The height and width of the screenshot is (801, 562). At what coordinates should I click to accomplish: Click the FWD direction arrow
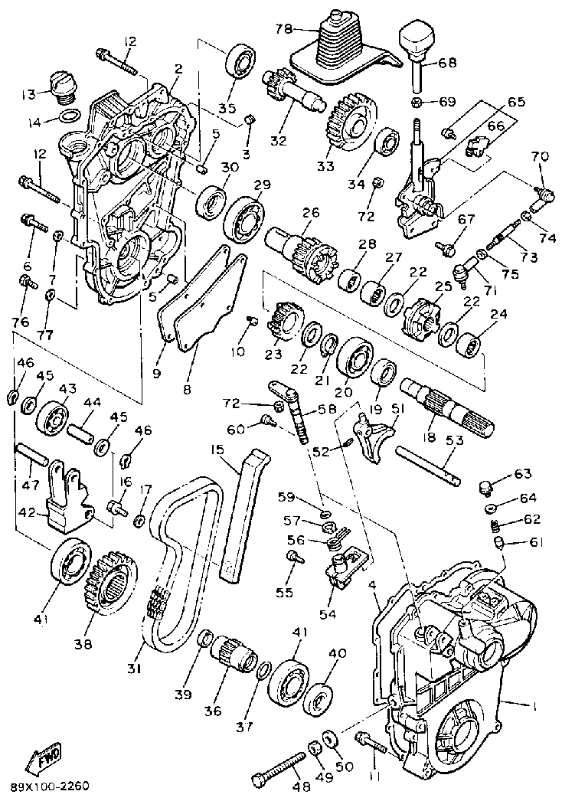pos(44,757)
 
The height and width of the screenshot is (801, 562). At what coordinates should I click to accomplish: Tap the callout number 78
pos(284,28)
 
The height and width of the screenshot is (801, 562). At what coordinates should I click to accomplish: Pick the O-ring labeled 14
pos(69,116)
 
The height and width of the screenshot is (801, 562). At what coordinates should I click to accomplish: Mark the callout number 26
pos(310,212)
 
